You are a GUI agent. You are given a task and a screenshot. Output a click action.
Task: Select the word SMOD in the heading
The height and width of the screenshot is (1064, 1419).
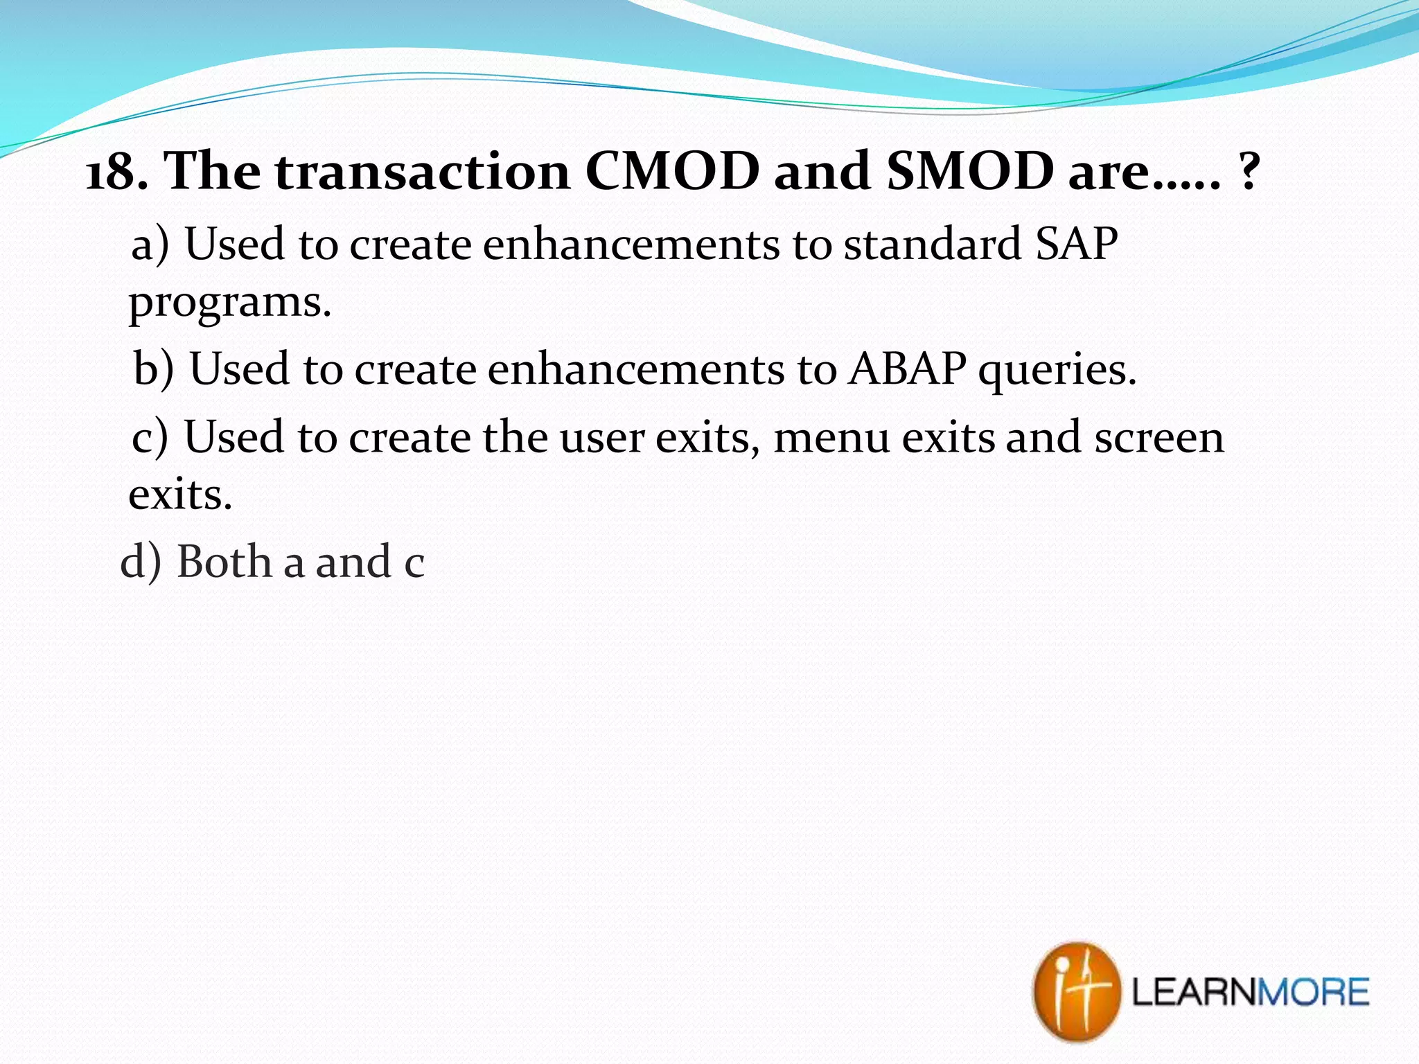[x=970, y=172]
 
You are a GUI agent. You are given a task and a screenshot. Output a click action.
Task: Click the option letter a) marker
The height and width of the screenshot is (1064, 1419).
[x=150, y=245]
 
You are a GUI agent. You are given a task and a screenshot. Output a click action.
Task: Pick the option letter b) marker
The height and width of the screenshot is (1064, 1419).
[x=153, y=369]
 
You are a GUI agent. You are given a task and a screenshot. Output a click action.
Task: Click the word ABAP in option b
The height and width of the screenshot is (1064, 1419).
[x=907, y=369]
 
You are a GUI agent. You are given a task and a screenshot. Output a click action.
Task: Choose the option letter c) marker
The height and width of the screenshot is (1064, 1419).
[x=150, y=438]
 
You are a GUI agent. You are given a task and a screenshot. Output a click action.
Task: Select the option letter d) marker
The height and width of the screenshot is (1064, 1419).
[x=141, y=561]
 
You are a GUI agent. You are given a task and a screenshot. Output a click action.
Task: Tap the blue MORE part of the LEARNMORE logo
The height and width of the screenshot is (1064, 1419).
[x=1313, y=992]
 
